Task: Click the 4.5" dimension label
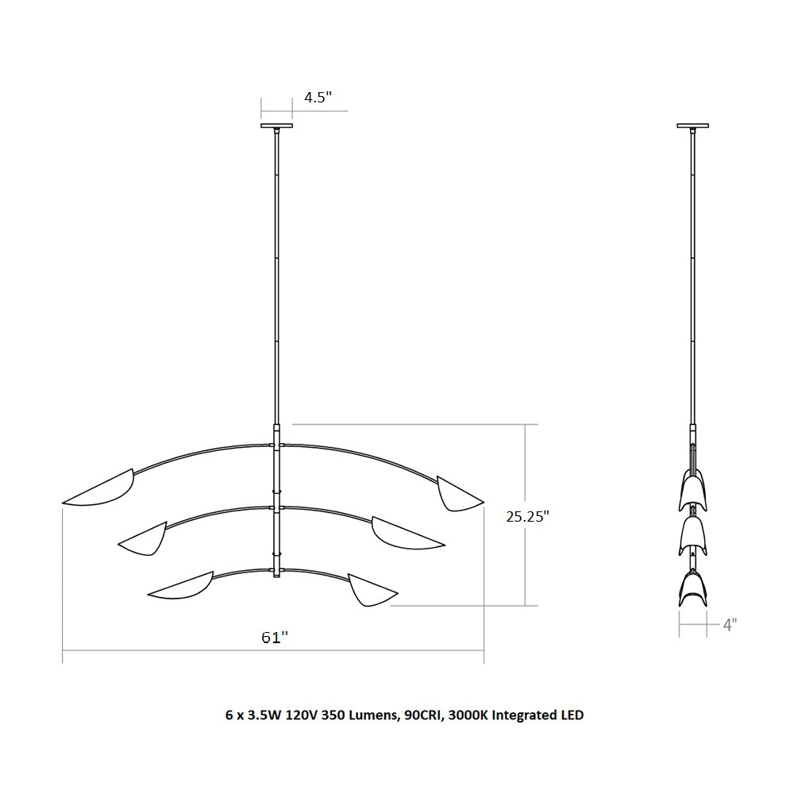(318, 97)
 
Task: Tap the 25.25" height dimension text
(528, 517)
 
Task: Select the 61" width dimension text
(275, 638)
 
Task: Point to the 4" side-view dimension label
(729, 625)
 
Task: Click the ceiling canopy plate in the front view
(276, 125)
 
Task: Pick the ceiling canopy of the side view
(692, 125)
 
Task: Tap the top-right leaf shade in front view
(458, 495)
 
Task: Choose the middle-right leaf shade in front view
(405, 534)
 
